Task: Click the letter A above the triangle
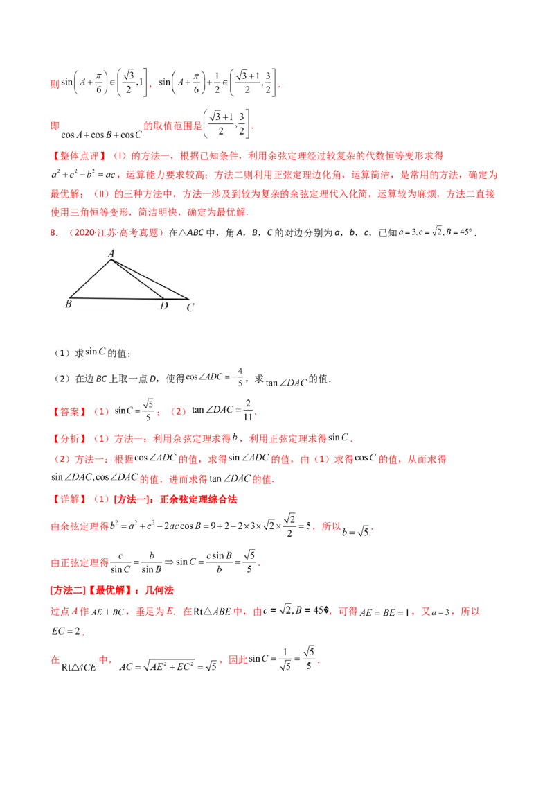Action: click(x=111, y=253)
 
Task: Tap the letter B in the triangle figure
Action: click(x=69, y=304)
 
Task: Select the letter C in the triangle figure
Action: click(x=190, y=307)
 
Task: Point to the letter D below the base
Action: click(x=163, y=306)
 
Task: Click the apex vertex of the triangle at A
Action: click(x=110, y=260)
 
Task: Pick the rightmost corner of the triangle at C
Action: click(x=189, y=299)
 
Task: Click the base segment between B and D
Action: click(x=115, y=298)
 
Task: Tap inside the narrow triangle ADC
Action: click(x=163, y=292)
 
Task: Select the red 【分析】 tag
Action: click(x=69, y=438)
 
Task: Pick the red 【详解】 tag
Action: click(x=69, y=499)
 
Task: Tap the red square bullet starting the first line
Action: click(x=53, y=84)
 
